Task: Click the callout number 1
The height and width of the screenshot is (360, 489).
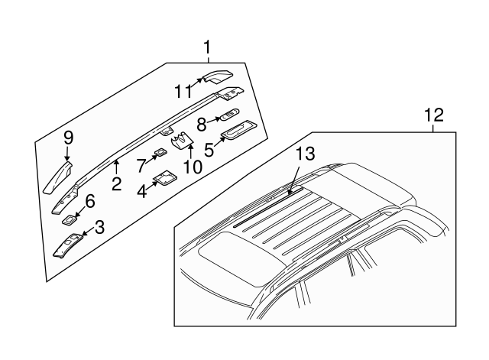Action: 207,47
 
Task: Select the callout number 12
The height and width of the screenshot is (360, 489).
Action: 434,115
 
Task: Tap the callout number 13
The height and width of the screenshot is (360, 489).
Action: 306,154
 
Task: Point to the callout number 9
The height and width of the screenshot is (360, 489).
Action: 68,138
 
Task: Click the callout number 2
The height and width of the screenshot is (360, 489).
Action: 116,183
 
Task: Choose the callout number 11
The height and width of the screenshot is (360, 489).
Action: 183,92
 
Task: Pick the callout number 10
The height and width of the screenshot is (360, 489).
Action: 193,167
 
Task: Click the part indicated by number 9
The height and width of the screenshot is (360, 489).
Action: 58,179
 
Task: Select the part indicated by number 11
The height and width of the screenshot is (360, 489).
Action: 219,76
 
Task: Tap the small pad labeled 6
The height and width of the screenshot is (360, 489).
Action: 70,220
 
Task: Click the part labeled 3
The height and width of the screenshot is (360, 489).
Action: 68,245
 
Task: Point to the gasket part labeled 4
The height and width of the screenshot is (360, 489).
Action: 166,178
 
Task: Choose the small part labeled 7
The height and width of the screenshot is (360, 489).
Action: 160,153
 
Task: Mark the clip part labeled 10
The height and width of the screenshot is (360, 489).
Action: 183,141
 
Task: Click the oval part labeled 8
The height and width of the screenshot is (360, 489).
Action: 230,115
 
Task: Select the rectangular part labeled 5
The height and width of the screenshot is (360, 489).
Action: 239,129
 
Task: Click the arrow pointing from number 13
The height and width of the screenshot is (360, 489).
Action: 293,180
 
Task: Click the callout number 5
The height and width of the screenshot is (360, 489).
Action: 209,150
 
